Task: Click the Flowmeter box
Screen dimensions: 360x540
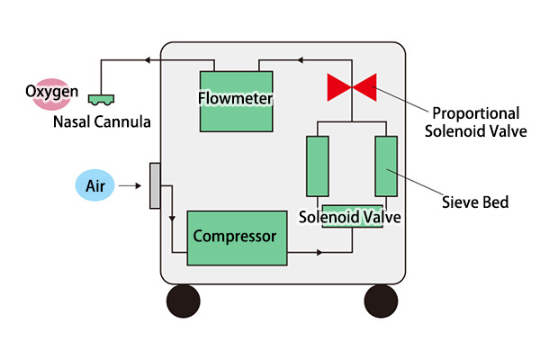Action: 236,100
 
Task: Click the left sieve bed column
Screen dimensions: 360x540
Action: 317,166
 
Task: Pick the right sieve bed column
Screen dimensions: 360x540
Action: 385,166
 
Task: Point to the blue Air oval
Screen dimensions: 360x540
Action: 95,186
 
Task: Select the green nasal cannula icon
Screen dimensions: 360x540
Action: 101,95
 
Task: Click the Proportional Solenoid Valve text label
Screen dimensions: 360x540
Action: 475,121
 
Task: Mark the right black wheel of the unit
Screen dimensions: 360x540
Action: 381,300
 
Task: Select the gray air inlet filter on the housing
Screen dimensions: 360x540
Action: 155,184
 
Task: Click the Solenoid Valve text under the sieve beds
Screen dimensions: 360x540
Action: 349,217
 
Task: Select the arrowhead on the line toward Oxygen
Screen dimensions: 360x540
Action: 145,61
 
